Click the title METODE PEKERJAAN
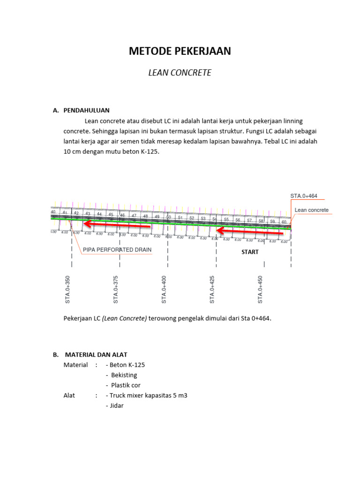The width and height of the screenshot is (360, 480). pos(180,52)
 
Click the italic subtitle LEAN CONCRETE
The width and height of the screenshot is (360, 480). pos(180,73)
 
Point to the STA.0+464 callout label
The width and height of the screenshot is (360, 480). pos(307,196)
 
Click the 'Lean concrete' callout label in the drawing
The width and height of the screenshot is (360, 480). pos(312,210)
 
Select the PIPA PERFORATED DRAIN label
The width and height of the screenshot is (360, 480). pos(117,250)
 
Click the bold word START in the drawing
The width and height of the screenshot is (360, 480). pos(249,252)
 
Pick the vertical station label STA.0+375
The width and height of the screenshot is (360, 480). pos(116,290)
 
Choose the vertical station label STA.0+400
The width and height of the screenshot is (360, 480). pos(164,290)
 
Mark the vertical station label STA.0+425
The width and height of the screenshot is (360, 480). pos(212,290)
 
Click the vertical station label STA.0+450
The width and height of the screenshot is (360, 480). pos(260,290)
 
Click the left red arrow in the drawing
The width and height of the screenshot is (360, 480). pos(117,226)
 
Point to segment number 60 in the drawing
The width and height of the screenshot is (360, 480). pos(284,222)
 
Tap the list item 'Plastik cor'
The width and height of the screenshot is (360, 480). pos(126,385)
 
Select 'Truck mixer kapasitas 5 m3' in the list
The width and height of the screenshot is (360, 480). pos(148,395)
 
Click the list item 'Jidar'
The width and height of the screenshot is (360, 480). pos(117,405)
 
